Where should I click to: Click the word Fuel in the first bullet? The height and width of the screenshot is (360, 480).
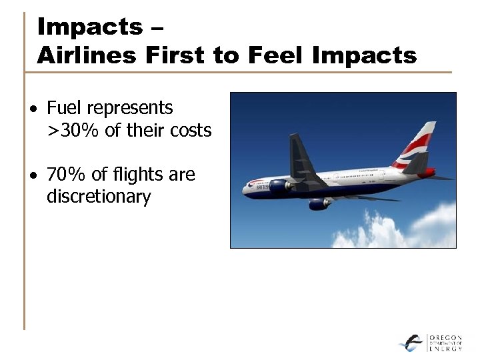pyautogui.click(x=63, y=107)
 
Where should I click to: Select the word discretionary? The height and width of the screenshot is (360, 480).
pyautogui.click(x=99, y=197)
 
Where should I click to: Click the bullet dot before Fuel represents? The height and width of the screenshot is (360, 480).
pyautogui.click(x=32, y=109)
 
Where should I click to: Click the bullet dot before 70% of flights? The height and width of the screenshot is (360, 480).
pyautogui.click(x=32, y=176)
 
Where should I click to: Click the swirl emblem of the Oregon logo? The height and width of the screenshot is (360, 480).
pyautogui.click(x=411, y=342)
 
